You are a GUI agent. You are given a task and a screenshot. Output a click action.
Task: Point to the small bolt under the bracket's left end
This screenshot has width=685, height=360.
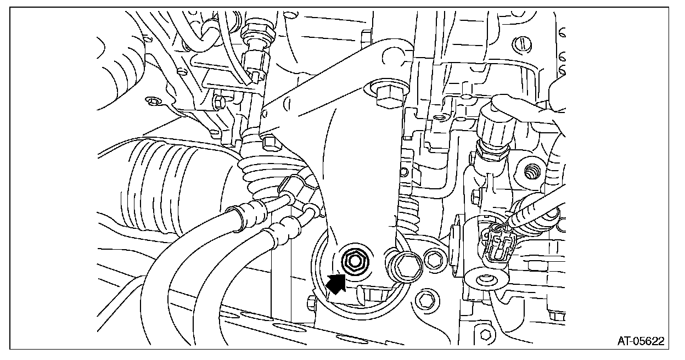coord(269,143)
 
